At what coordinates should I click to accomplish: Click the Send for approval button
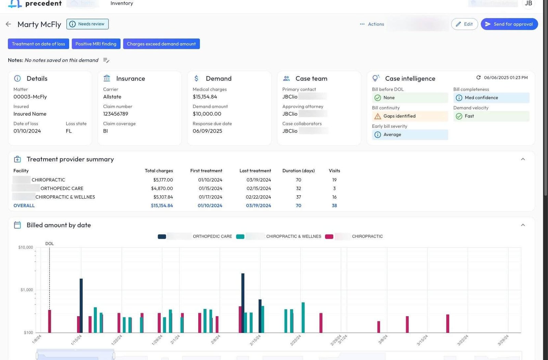[x=509, y=24]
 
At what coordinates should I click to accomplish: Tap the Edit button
[x=464, y=24]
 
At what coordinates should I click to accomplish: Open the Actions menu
[x=372, y=24]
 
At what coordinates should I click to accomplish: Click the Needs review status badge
[x=87, y=24]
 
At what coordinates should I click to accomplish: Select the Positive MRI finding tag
[x=96, y=44]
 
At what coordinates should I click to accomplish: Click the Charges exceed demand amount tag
[x=161, y=44]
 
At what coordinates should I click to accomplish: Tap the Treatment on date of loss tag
[x=38, y=44]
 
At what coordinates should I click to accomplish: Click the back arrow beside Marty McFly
[x=9, y=24]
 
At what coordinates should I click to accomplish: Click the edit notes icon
[x=106, y=60]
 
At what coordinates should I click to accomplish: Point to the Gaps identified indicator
[x=410, y=116]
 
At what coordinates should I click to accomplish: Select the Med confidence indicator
[x=491, y=98]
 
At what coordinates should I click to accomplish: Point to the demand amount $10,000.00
[x=207, y=114]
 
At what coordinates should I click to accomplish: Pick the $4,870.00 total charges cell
[x=162, y=188]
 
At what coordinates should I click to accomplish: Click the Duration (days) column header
[x=298, y=171]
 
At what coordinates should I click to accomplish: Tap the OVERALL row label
[x=24, y=206]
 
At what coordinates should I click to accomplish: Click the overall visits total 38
[x=334, y=206]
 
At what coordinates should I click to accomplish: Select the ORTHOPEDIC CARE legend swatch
[x=162, y=236]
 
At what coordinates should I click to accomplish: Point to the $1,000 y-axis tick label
[x=27, y=290]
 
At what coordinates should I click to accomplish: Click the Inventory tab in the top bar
[x=122, y=3]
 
